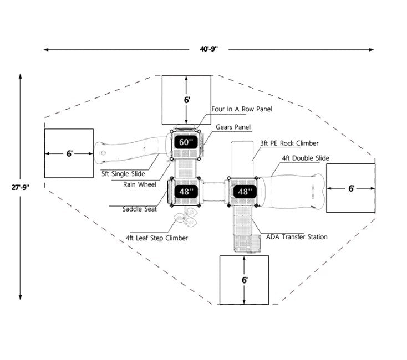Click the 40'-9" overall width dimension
point(208,49)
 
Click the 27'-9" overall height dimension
point(21,187)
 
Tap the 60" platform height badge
point(186,142)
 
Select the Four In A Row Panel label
point(242,109)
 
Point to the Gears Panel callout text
point(233,127)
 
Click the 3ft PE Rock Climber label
point(289,143)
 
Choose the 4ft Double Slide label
point(306,158)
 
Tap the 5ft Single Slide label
point(123,174)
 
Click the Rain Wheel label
point(139,184)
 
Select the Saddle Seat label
point(139,209)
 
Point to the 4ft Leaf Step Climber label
point(156,238)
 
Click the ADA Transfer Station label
point(297,237)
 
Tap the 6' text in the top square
point(187,100)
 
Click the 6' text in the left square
point(69,154)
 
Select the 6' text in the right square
point(351,188)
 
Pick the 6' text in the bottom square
point(245,280)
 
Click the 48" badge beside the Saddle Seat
point(186,192)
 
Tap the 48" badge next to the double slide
point(245,192)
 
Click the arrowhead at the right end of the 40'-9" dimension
point(372,49)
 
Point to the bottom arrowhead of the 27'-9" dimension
point(21,297)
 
